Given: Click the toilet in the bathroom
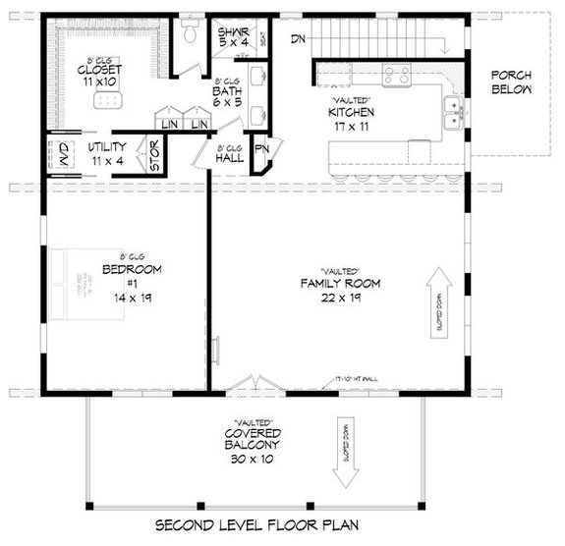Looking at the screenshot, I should click(x=191, y=32).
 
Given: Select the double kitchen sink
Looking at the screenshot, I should click(x=454, y=113).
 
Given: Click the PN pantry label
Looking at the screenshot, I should click(x=261, y=150).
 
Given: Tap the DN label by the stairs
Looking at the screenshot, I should click(x=298, y=38).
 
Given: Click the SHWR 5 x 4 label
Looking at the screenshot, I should click(x=233, y=37).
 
